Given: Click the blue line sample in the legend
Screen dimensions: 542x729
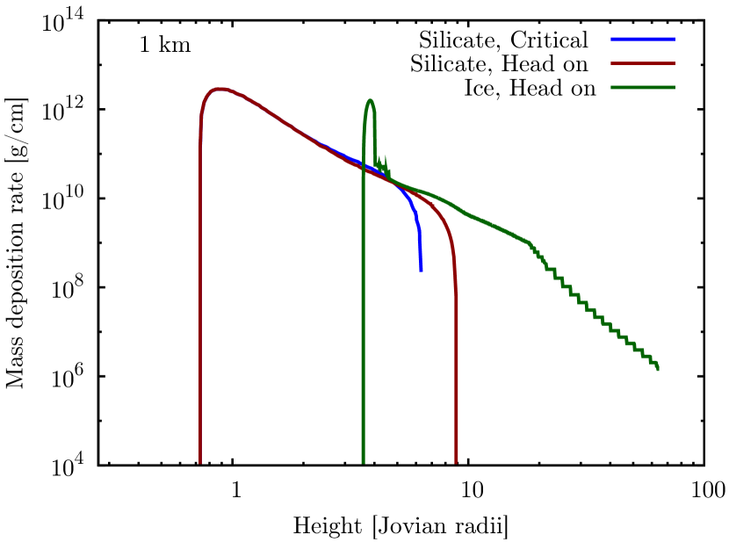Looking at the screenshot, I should coord(643,40).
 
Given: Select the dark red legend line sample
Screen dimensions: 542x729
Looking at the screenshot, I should coord(643,64).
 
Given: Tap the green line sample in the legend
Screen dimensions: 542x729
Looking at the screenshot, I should coord(643,88).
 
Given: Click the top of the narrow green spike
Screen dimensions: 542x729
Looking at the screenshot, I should coord(370,100).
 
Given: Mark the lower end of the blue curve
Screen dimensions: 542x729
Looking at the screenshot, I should coord(421,269).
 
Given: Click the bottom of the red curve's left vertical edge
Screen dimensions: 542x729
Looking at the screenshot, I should coord(200,462).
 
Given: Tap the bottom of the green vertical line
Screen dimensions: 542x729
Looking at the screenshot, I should coord(363,462).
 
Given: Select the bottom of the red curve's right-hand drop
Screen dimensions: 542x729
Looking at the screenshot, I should coord(456,462).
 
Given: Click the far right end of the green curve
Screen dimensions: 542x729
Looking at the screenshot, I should coord(658,369).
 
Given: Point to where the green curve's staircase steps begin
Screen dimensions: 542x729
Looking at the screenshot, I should coord(530,243).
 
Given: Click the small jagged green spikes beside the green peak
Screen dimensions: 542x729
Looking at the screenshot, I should coord(383,163).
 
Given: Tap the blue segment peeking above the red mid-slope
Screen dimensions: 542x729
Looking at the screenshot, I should coord(338,153).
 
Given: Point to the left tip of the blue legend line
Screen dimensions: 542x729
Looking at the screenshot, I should coord(612,40).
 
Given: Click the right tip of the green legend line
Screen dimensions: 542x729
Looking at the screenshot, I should coord(675,88).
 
